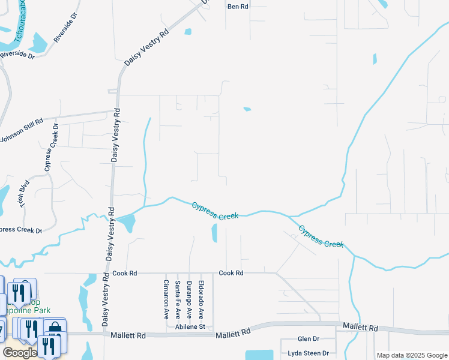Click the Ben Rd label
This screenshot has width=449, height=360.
(x=238, y=6)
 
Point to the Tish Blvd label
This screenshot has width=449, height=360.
(x=25, y=195)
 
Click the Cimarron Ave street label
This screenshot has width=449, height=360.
(x=166, y=299)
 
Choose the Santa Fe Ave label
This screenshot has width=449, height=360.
(x=178, y=299)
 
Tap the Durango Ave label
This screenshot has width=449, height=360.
(x=189, y=299)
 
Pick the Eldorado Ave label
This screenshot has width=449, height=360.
(x=201, y=299)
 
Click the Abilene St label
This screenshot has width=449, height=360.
(x=190, y=327)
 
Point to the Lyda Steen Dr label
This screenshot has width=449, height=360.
(x=308, y=353)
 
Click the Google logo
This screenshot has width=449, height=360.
(x=20, y=353)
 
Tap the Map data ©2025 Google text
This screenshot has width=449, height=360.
(x=411, y=355)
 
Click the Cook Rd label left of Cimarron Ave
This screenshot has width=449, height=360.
(x=125, y=273)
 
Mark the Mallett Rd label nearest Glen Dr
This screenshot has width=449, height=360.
(x=360, y=328)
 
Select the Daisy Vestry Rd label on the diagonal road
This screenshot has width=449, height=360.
(x=146, y=47)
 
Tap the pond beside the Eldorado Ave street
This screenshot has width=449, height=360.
(x=214, y=233)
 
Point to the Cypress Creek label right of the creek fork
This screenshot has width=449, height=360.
(x=321, y=236)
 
